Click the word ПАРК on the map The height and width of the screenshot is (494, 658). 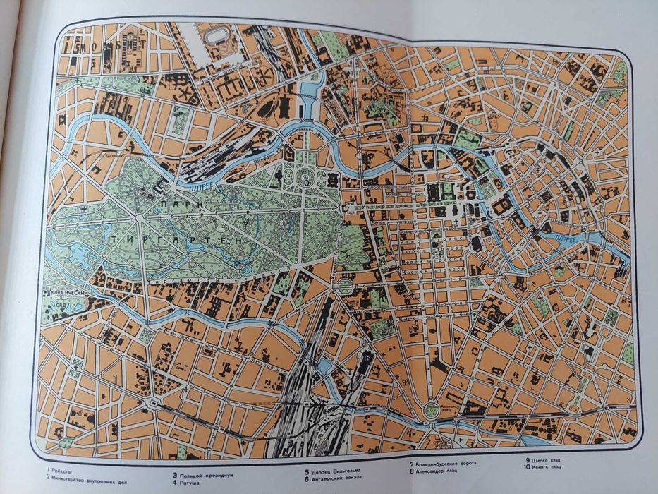(x=181, y=203)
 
